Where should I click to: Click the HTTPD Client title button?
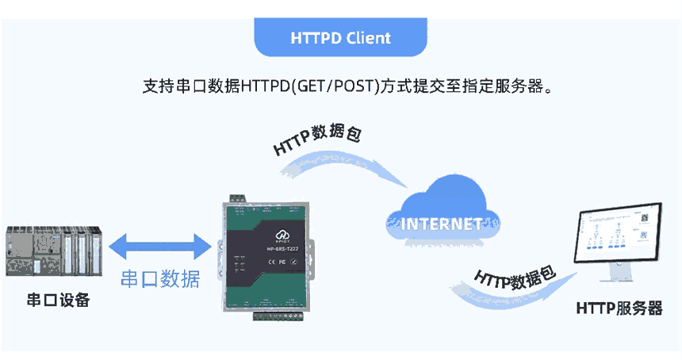(x=341, y=37)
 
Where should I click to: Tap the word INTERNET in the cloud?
(x=443, y=223)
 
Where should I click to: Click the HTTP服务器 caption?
(x=619, y=308)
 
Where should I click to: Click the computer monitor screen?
(x=622, y=237)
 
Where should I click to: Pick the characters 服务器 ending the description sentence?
(x=523, y=86)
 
